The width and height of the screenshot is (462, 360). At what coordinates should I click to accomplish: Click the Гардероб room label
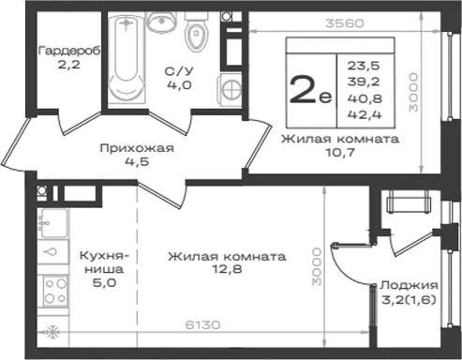click(69, 51)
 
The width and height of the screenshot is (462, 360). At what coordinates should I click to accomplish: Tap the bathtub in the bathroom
click(127, 57)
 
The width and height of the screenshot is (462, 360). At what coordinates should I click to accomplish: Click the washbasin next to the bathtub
click(160, 22)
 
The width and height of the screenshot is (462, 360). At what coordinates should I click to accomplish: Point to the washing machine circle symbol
click(231, 88)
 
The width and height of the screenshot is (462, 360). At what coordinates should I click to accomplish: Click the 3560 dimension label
click(345, 23)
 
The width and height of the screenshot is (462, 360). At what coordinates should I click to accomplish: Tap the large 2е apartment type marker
click(310, 90)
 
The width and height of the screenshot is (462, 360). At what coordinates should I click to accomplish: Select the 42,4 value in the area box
click(365, 114)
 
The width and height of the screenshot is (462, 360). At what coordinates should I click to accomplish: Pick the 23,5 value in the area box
click(364, 66)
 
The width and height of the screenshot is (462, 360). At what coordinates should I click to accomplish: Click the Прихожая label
click(137, 148)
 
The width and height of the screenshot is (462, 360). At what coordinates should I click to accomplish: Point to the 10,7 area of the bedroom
click(340, 153)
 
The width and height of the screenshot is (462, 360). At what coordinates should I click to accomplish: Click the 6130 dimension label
click(202, 324)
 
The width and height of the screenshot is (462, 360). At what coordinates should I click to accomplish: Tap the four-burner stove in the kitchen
click(55, 291)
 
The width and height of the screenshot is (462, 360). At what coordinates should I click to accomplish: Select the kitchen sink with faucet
click(52, 224)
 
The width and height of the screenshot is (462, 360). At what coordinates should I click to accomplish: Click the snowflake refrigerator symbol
click(52, 332)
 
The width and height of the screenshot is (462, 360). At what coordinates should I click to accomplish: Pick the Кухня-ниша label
click(104, 262)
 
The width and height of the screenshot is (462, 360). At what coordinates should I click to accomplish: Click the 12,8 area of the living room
click(227, 269)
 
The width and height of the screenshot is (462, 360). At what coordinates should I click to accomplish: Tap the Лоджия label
click(409, 286)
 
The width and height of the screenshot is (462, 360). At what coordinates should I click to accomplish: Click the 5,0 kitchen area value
click(104, 283)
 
